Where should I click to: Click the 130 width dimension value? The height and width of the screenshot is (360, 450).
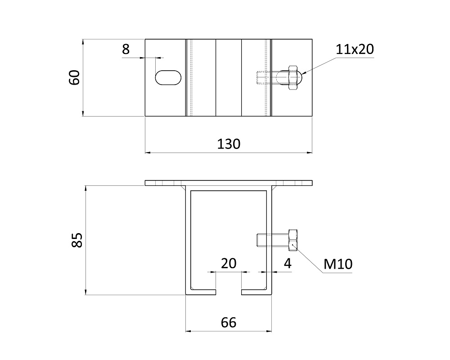click(229, 144)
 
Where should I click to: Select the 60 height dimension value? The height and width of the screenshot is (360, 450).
click(75, 77)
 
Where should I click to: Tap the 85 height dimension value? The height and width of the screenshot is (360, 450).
click(77, 240)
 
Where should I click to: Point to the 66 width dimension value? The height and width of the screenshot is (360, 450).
click(229, 323)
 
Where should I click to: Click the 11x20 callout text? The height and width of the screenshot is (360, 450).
click(355, 49)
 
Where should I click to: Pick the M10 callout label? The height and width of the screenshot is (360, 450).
click(338, 264)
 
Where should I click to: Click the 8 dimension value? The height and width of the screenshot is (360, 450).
click(126, 49)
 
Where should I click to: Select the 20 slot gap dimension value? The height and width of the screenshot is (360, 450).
click(229, 263)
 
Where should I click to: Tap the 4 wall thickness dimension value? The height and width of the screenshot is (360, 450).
click(288, 263)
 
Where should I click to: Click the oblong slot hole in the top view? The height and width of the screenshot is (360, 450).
click(168, 77)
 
